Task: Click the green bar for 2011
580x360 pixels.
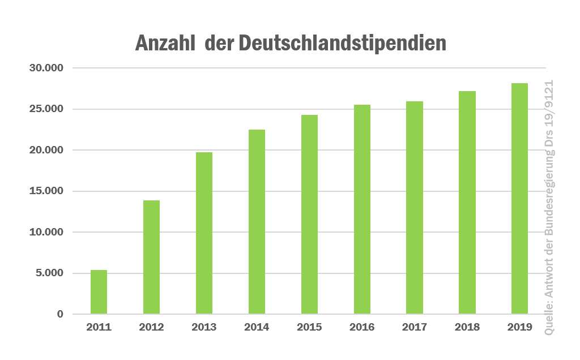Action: click(x=99, y=292)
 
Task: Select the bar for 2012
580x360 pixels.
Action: click(x=151, y=258)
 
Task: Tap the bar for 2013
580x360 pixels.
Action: click(x=204, y=233)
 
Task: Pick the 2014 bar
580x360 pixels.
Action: click(x=257, y=222)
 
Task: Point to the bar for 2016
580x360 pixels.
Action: click(x=362, y=209)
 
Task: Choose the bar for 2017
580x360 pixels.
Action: click(x=415, y=208)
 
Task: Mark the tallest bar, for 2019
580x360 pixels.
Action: click(x=519, y=199)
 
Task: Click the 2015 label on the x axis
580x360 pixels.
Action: click(x=309, y=327)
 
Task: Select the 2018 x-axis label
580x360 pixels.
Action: click(x=467, y=327)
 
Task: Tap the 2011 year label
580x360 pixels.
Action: click(x=99, y=327)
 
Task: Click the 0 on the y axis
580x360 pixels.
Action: click(x=60, y=314)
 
